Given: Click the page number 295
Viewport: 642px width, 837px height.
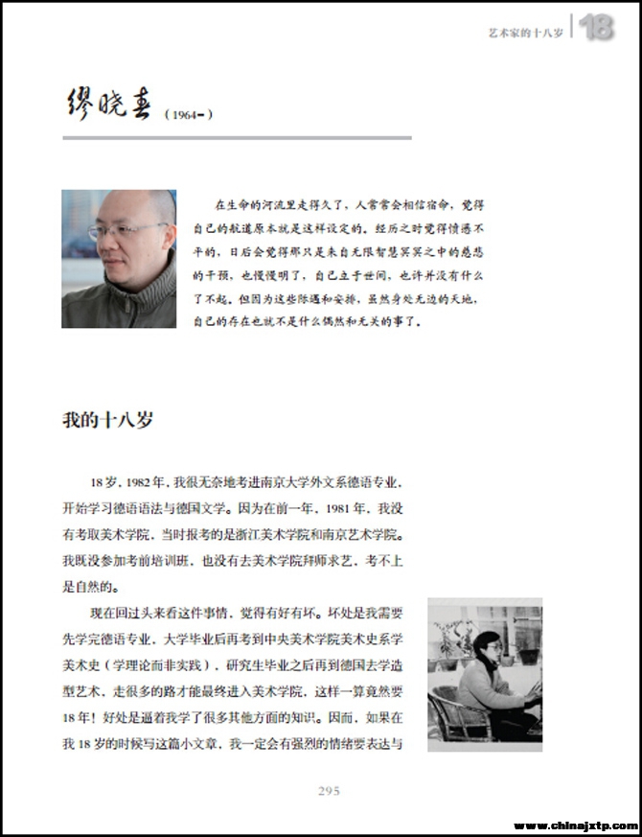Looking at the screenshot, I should (x=329, y=790).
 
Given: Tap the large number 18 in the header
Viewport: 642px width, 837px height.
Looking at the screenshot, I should (x=597, y=28).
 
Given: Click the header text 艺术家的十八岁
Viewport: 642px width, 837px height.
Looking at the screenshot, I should (x=525, y=32).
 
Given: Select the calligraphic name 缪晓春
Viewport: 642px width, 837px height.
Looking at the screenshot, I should (x=108, y=104).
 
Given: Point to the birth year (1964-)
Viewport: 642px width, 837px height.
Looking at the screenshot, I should (x=188, y=115).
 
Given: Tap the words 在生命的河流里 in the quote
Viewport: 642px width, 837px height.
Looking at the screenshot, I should (x=252, y=204).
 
